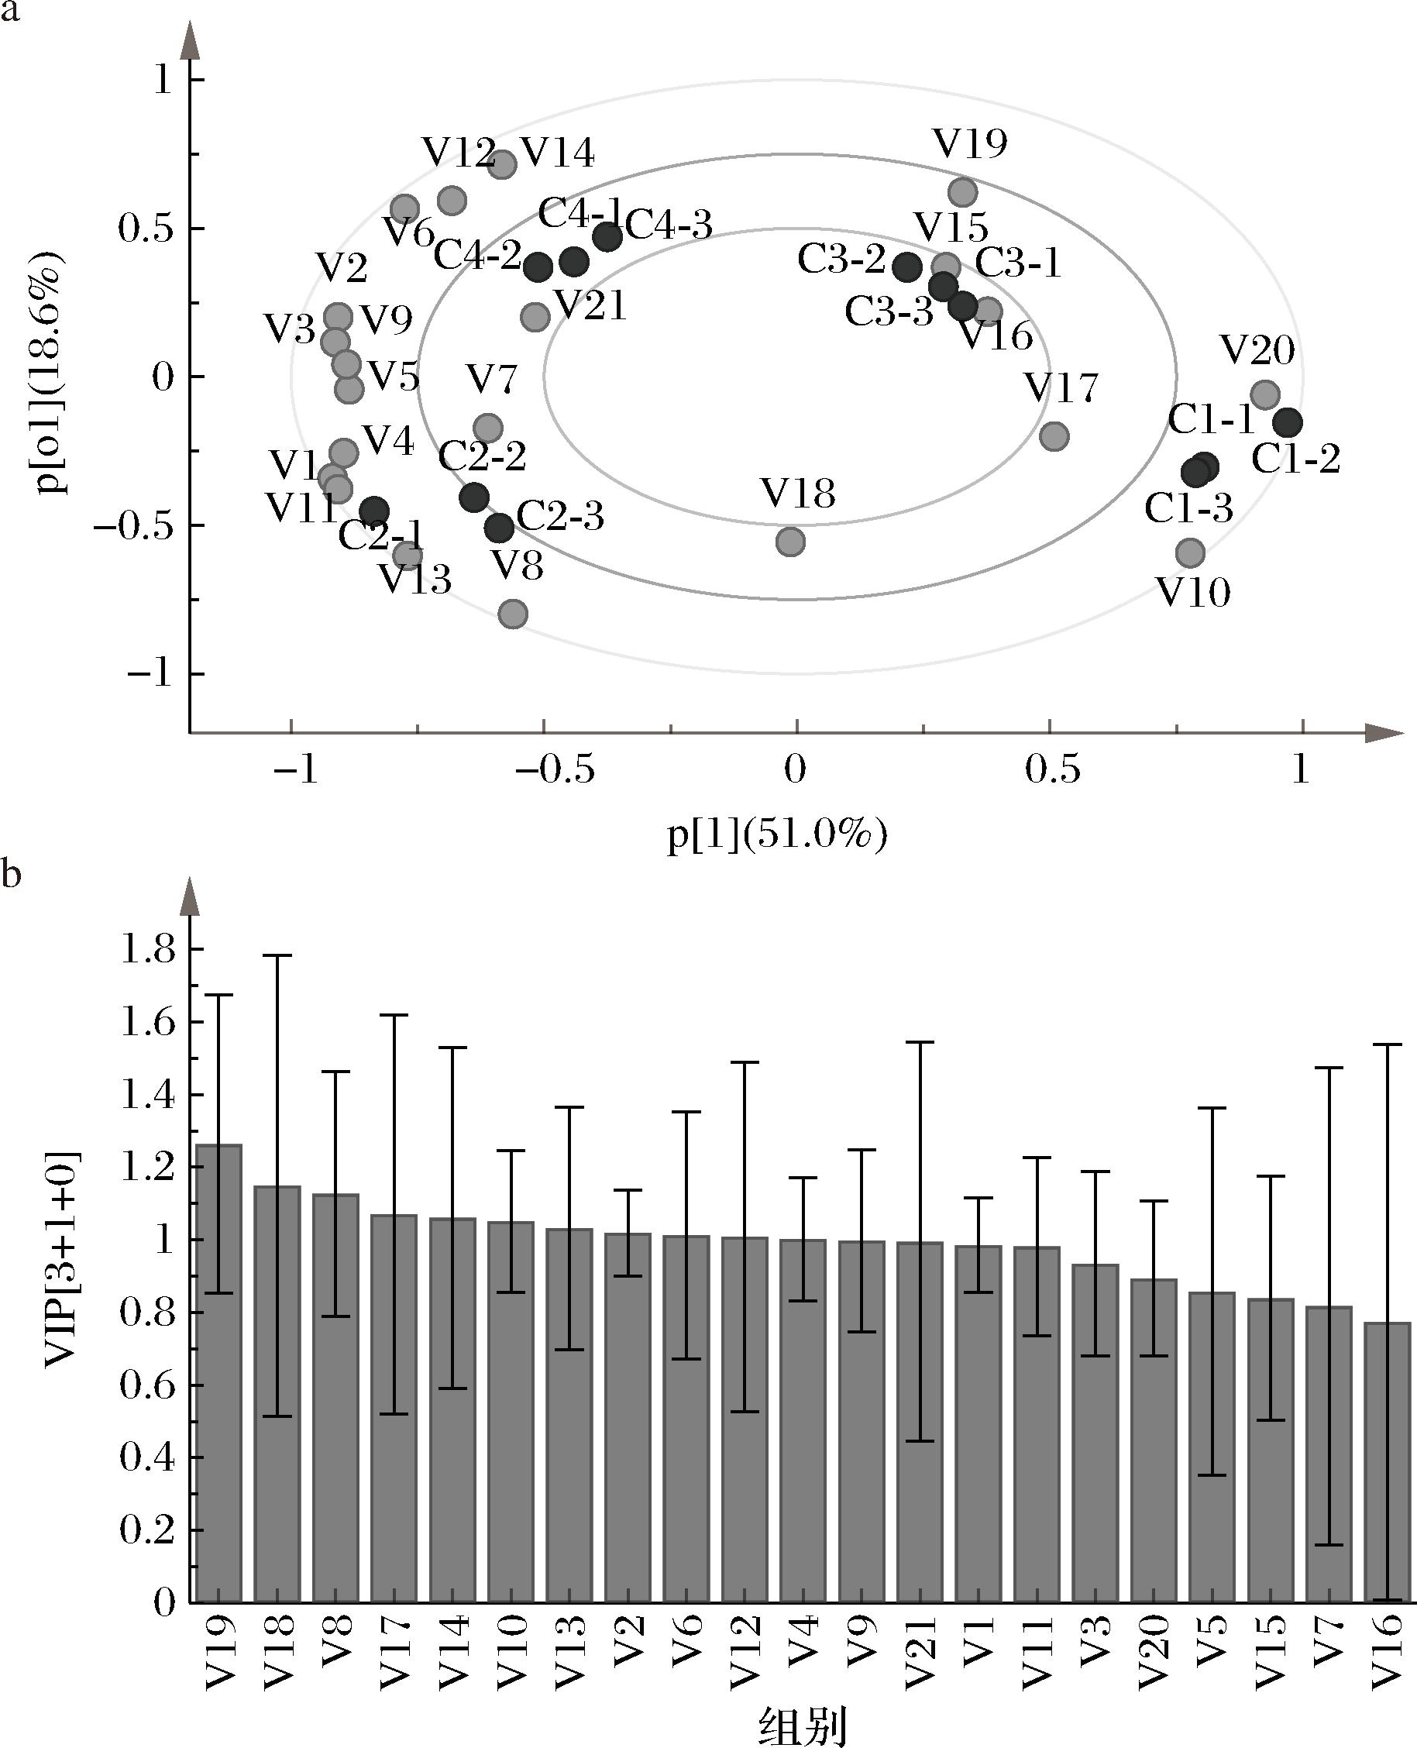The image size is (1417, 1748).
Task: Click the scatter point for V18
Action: click(790, 542)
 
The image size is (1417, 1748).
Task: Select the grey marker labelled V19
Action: click(963, 193)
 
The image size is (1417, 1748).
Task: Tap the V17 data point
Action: click(1054, 436)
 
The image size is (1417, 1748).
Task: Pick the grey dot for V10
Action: click(1191, 552)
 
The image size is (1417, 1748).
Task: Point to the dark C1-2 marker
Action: click(1288, 423)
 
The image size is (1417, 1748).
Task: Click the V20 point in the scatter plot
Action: click(1265, 395)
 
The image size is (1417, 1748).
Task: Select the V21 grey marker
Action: click(535, 317)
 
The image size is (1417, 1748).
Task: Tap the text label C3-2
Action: click(841, 260)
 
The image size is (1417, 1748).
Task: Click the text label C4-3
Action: click(669, 225)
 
